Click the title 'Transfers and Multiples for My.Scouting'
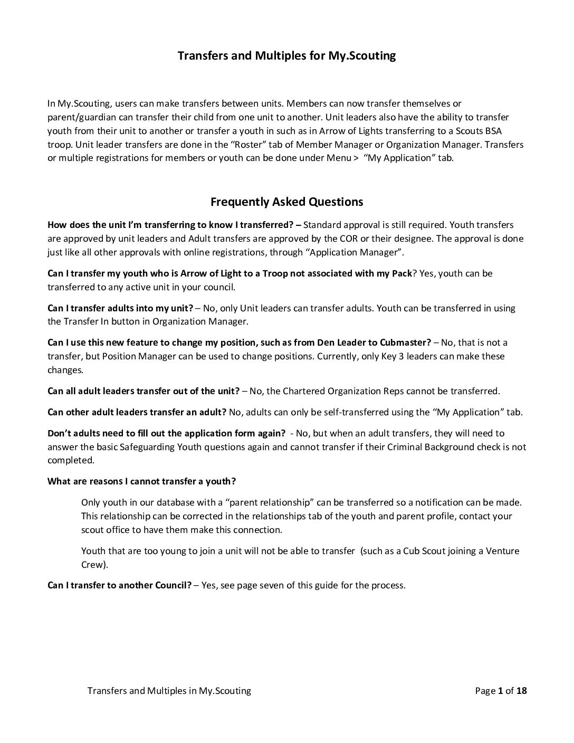[x=286, y=55]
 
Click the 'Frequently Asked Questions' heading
[x=286, y=202]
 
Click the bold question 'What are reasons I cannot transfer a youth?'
[x=141, y=481]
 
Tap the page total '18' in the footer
[x=521, y=691]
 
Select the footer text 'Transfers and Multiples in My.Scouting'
[x=169, y=691]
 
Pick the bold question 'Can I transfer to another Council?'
[x=119, y=586]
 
